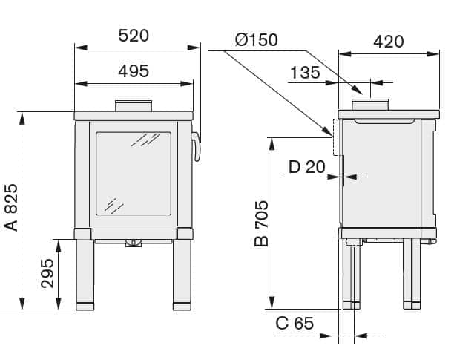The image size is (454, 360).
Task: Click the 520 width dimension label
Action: click(x=134, y=35)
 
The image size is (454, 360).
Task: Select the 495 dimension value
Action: click(x=134, y=71)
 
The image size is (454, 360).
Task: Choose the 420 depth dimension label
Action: click(x=389, y=41)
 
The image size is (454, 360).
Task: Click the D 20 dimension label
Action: click(x=306, y=166)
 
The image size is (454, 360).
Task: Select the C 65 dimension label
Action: click(x=295, y=324)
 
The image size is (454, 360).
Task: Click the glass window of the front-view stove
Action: click(x=134, y=174)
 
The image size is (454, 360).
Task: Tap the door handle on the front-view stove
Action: click(x=197, y=146)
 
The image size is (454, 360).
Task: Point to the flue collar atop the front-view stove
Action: click(x=134, y=105)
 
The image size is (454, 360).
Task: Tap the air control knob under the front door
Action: click(x=134, y=243)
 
